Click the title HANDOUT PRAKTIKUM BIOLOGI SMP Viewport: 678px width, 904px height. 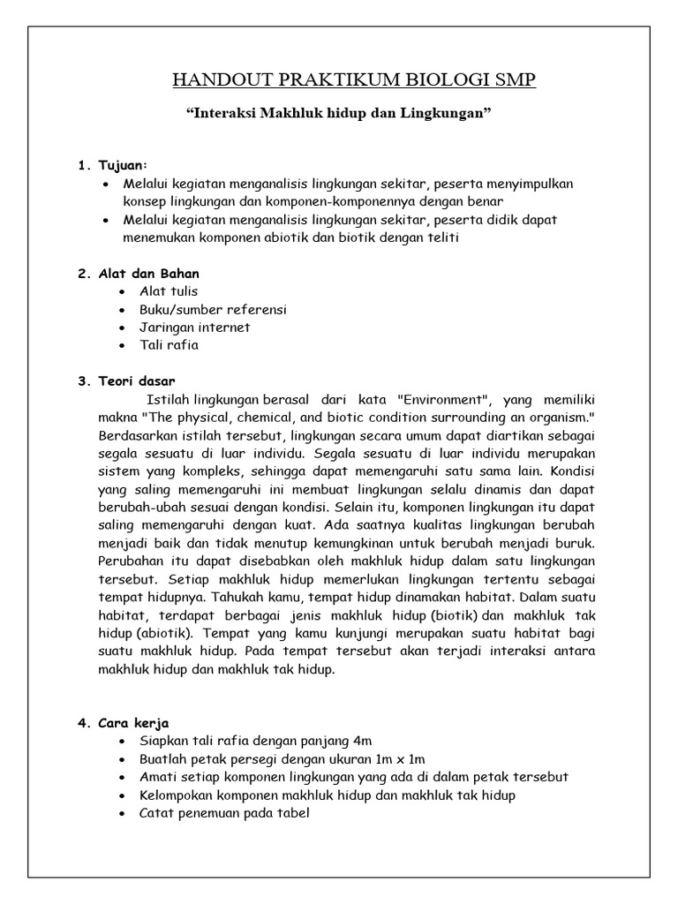(353, 81)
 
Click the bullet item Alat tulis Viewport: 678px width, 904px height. (169, 291)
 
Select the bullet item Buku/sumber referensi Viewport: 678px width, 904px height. (213, 310)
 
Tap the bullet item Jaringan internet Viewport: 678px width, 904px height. (194, 328)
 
